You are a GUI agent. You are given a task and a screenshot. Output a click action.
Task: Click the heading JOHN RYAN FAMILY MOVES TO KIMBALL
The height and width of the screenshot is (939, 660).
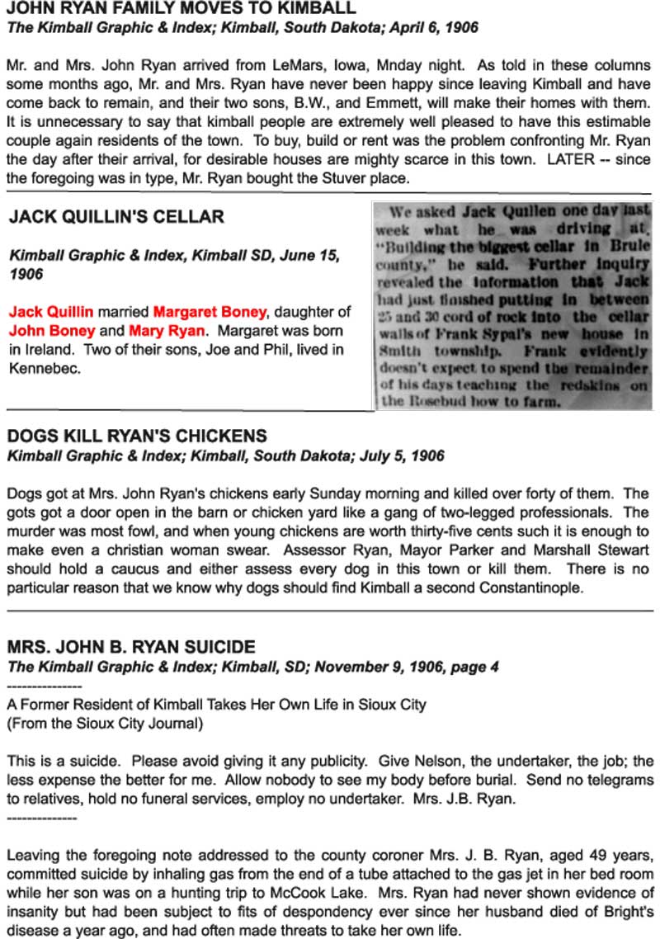pos(181,9)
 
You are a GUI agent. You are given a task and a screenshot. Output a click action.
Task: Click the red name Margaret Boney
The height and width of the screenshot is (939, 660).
pos(210,312)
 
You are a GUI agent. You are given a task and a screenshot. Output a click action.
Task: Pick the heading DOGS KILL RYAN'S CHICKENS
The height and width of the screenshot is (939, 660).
pos(137,436)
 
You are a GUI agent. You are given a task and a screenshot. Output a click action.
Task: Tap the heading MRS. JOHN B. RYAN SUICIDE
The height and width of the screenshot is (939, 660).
pos(131,647)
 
